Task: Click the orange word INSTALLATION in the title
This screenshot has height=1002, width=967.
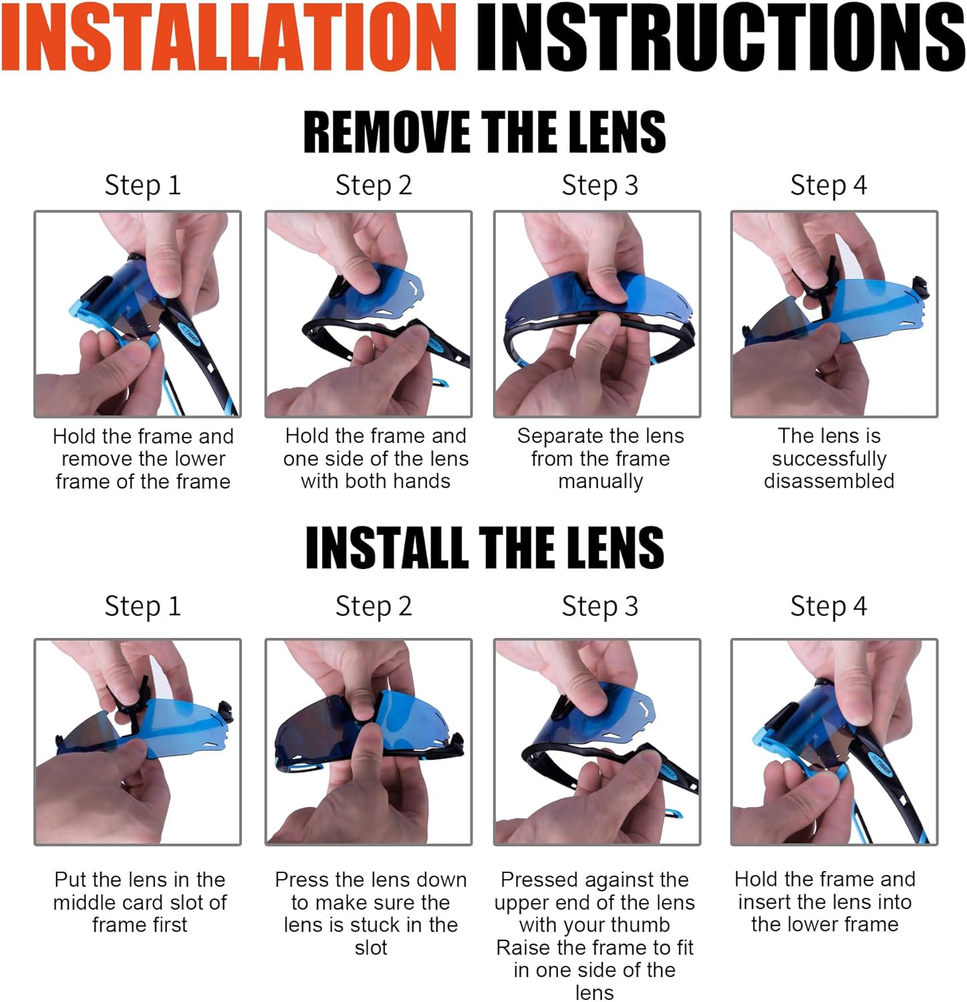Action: [229, 37]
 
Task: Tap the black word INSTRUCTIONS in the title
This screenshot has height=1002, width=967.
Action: [720, 37]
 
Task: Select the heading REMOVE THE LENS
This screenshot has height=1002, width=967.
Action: [485, 132]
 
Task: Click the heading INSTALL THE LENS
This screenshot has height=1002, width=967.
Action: [485, 547]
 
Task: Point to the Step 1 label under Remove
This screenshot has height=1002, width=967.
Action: [142, 185]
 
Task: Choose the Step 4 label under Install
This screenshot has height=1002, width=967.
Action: [829, 607]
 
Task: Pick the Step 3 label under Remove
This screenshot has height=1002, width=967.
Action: [600, 185]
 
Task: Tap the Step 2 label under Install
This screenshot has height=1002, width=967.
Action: [374, 607]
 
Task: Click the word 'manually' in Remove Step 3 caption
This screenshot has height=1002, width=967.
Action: [600, 482]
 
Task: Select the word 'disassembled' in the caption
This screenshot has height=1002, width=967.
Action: [829, 481]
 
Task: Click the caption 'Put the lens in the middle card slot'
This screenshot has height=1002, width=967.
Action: [140, 890]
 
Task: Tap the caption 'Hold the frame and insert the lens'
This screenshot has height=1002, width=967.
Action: [825, 890]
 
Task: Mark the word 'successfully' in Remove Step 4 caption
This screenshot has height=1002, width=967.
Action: [829, 459]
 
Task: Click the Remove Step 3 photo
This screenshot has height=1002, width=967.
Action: [597, 314]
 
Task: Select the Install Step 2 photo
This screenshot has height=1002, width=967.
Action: [368, 741]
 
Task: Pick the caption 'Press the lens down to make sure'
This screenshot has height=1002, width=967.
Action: [371, 891]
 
